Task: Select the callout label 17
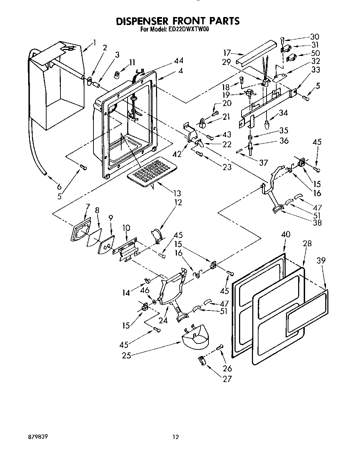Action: coord(227,53)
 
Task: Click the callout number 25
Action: coord(126,356)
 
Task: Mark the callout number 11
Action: coord(132,63)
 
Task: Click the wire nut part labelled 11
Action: coord(118,74)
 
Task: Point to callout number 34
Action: coord(283,113)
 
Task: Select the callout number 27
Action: coord(227,379)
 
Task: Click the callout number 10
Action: coord(126,228)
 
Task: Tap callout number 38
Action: coord(317,223)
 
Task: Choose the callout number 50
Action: coord(316,53)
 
